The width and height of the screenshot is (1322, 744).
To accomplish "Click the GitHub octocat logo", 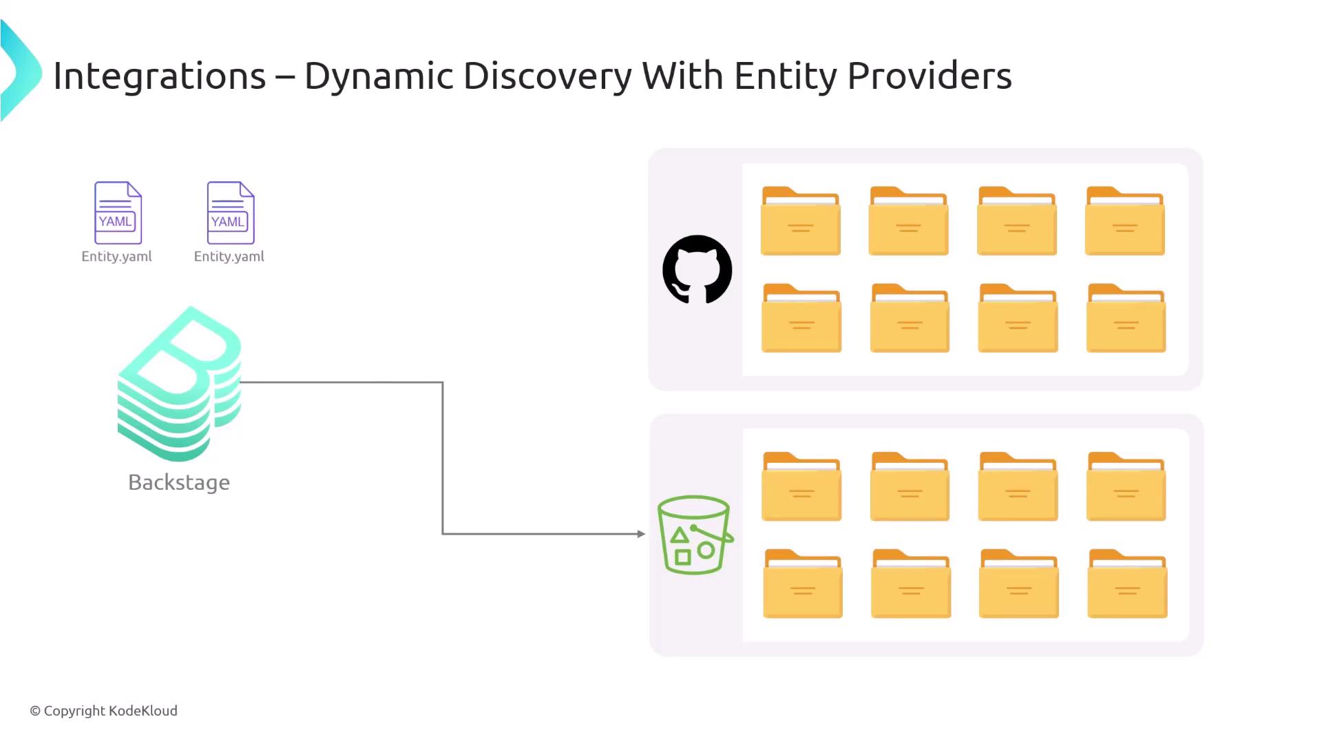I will pyautogui.click(x=697, y=269).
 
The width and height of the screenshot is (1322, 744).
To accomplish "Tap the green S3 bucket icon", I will pyautogui.click(x=694, y=535).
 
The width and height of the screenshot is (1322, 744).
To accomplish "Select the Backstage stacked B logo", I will pyautogui.click(x=180, y=384).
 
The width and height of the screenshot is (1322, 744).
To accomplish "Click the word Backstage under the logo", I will pyautogui.click(x=179, y=482).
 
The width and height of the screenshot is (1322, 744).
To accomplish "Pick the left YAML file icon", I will pyautogui.click(x=118, y=212).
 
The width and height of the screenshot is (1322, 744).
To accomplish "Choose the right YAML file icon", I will pyautogui.click(x=231, y=212).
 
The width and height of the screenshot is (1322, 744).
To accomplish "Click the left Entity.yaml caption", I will pyautogui.click(x=116, y=256).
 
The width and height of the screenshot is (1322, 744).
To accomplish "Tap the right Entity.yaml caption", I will pyautogui.click(x=229, y=256).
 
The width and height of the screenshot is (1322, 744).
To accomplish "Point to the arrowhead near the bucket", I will pyautogui.click(x=641, y=534).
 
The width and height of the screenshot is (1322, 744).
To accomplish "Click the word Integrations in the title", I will pyautogui.click(x=159, y=76).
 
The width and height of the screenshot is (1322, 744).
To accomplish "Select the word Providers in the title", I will pyautogui.click(x=929, y=76).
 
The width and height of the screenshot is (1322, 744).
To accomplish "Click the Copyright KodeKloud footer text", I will pyautogui.click(x=104, y=711).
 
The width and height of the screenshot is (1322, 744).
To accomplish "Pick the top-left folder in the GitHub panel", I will pyautogui.click(x=800, y=221).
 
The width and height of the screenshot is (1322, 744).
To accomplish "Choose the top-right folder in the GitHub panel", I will pyautogui.click(x=1125, y=221).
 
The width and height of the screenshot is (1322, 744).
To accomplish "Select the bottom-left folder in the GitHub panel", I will pyautogui.click(x=801, y=318).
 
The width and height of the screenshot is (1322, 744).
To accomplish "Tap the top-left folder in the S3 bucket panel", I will pyautogui.click(x=801, y=486).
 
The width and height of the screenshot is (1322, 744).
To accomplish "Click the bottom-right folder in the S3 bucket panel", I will pyautogui.click(x=1127, y=583).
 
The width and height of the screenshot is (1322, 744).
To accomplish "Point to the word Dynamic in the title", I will pyautogui.click(x=379, y=76).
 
